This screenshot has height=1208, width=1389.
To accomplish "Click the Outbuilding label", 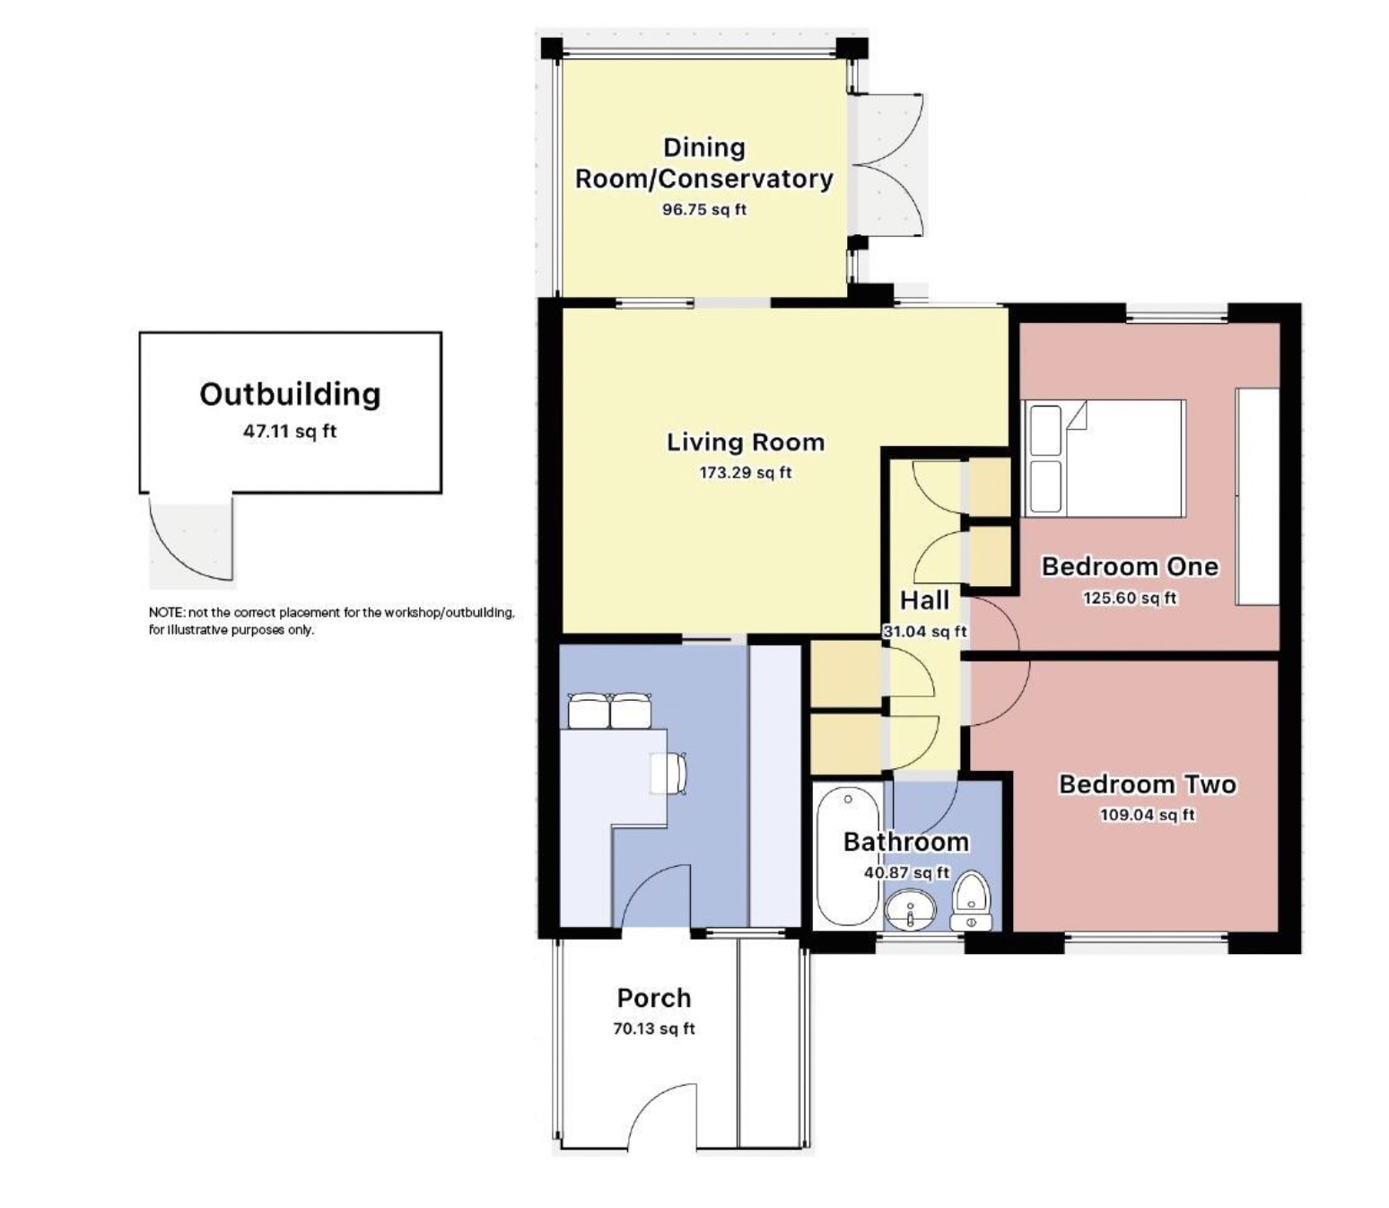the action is [290, 395].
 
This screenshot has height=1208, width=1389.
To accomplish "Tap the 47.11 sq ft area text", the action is [290, 431].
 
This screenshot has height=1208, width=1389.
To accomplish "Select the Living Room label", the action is [746, 442].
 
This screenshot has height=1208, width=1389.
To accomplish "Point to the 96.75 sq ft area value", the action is [704, 210].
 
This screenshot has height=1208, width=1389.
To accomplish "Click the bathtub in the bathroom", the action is [848, 858].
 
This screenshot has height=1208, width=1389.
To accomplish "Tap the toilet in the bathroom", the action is [971, 902].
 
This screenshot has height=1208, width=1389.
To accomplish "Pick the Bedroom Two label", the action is [1148, 784].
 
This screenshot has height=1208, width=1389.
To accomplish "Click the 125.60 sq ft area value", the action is [1130, 599].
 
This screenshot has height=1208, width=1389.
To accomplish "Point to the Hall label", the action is [924, 600].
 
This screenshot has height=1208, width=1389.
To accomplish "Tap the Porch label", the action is [654, 998].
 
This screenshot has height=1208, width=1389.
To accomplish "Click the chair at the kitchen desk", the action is [669, 773].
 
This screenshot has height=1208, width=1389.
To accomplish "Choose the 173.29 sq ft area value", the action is [746, 473].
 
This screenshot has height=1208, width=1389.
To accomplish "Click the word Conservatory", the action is [747, 179].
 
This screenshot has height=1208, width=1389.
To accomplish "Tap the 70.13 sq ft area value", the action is [654, 1029].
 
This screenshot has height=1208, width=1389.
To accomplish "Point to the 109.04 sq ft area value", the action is [1148, 815].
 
